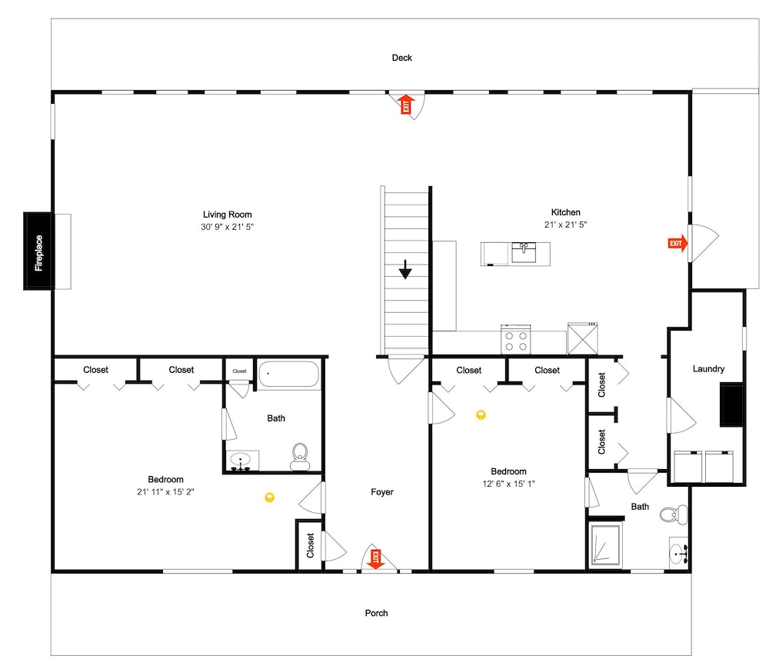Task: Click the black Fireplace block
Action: point(38,251)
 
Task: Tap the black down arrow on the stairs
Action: point(405,270)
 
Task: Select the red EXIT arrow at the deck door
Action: point(405,105)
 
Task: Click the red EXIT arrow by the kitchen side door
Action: point(677,243)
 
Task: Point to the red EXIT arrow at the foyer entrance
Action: point(376,559)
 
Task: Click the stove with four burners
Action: point(516,339)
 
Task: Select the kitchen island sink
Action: point(524,252)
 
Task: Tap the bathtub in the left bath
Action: point(289,374)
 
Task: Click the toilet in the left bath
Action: point(300,457)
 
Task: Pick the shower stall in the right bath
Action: point(606,544)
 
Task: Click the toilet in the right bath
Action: point(674,514)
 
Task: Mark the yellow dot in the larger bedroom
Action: point(269,498)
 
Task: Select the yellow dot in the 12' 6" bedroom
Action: point(481,415)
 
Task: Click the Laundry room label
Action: point(708,369)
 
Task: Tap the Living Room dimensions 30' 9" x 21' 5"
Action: point(227,227)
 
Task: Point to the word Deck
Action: point(401,58)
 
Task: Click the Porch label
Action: point(376,613)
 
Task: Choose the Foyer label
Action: point(382,492)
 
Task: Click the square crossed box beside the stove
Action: point(583,338)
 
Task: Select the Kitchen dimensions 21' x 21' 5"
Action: point(565,225)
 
